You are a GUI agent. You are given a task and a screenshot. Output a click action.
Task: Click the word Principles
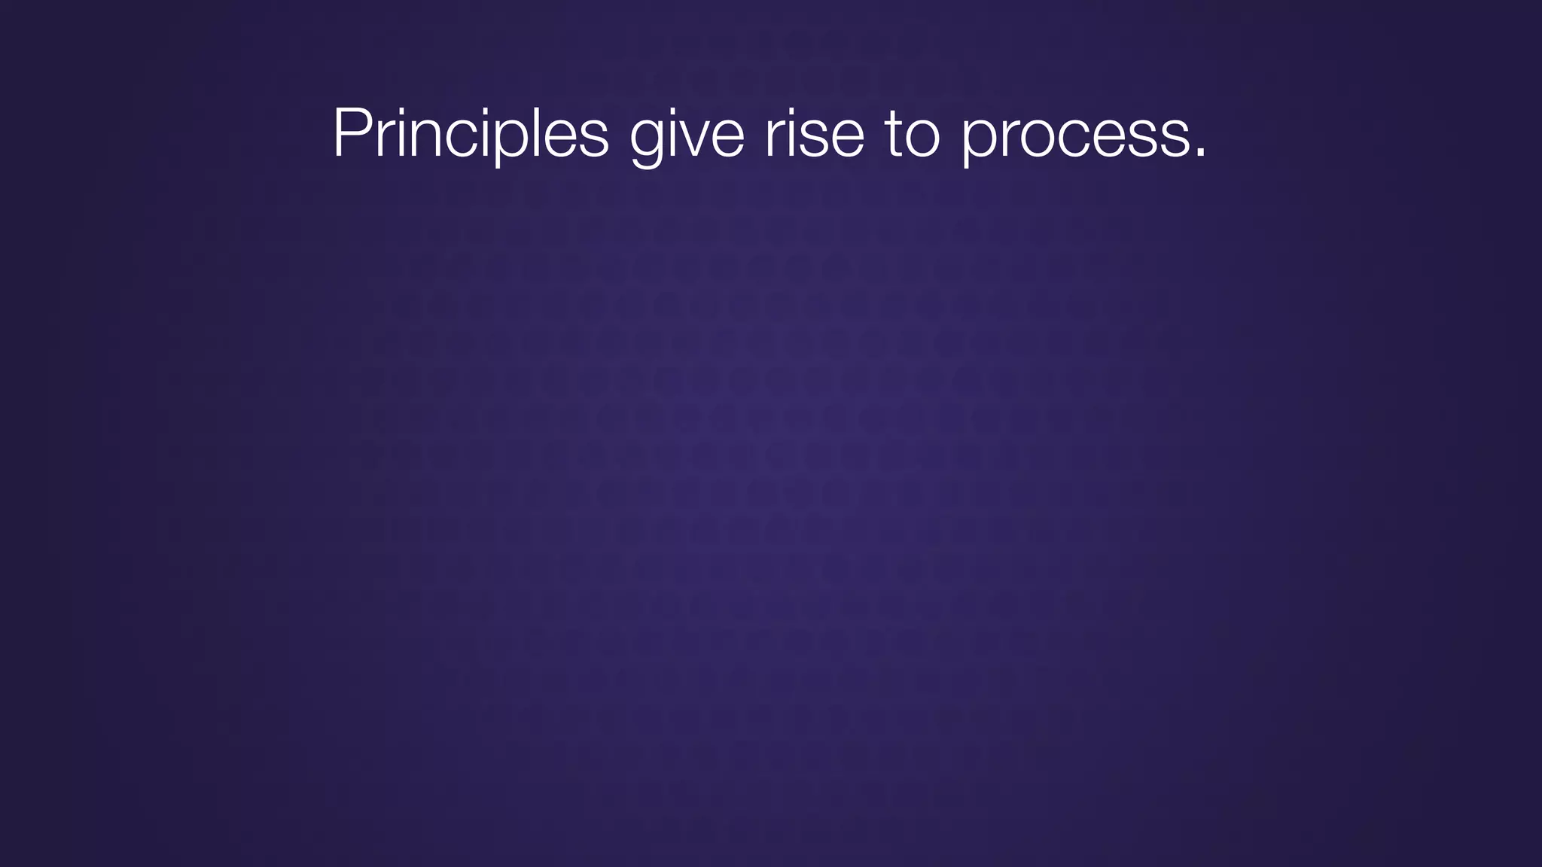471,133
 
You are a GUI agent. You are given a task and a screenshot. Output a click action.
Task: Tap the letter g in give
648,139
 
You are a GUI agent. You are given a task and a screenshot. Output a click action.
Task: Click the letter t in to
894,133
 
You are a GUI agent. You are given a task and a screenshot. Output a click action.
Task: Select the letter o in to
923,137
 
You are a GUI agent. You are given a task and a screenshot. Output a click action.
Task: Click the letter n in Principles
428,137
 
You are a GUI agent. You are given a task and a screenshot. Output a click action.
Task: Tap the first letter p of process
980,139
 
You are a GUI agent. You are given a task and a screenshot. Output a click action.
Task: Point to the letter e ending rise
847,137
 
